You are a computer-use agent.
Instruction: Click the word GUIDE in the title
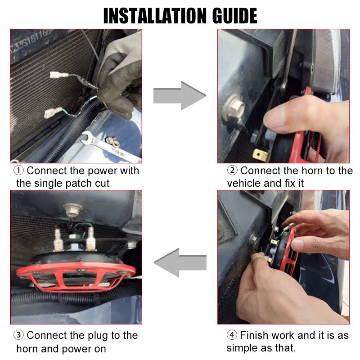click(234, 16)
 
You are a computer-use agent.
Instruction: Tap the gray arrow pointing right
click(180, 95)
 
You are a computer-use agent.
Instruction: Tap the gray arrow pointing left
click(180, 263)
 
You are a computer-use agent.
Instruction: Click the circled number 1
click(18, 171)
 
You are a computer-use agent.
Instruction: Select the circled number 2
click(232, 171)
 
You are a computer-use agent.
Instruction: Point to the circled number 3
click(18, 335)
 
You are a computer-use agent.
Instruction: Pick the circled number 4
click(232, 335)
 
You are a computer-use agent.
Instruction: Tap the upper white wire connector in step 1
click(59, 75)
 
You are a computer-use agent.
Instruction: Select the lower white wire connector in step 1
click(53, 112)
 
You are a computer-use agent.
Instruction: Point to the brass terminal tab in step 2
click(261, 155)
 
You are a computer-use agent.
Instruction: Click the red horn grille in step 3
click(76, 277)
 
